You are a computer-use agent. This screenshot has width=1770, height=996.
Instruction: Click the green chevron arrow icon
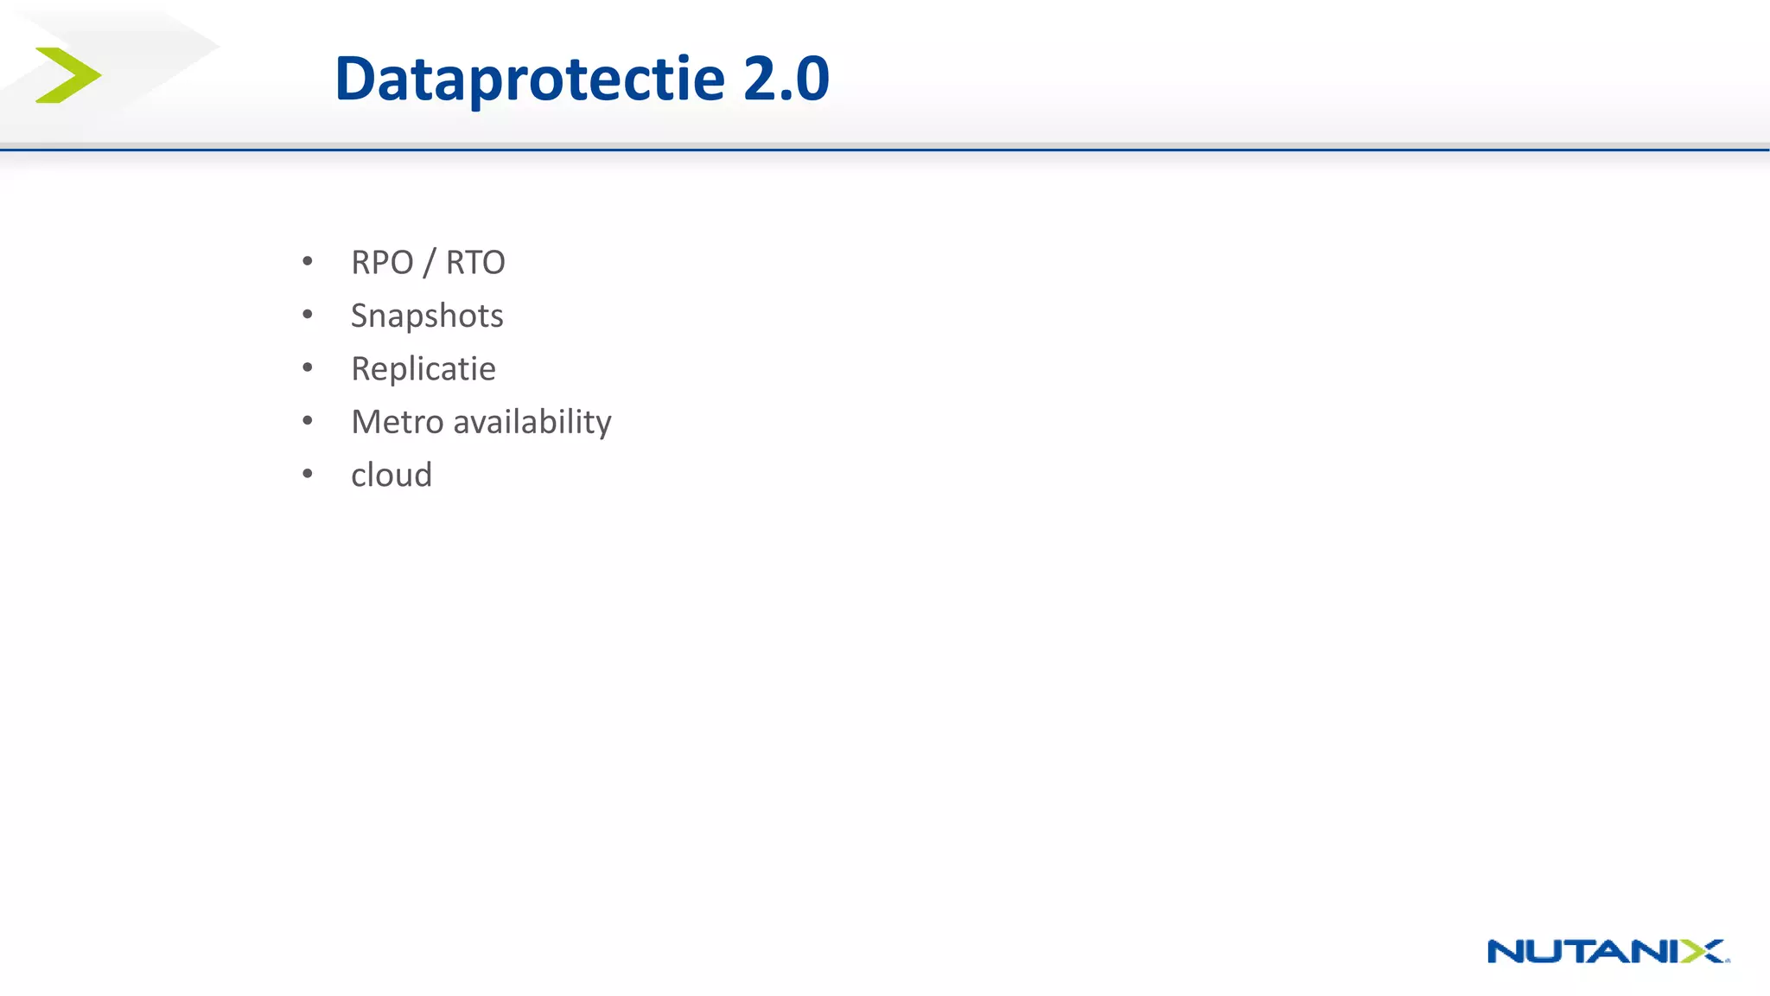[68, 75]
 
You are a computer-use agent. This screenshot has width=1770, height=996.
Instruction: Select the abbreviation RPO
[382, 263]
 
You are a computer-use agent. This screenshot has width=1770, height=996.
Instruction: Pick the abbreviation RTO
[475, 263]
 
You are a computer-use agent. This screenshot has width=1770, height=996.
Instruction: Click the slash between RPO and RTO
[429, 263]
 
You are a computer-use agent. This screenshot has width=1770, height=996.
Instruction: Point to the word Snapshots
[427, 316]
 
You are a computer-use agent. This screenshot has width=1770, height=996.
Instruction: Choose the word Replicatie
[423, 369]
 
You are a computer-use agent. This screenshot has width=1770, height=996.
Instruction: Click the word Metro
[397, 422]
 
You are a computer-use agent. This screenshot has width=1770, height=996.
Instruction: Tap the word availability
[532, 423]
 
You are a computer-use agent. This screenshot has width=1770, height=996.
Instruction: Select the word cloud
[392, 476]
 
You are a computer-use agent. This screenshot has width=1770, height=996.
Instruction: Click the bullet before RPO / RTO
[308, 261]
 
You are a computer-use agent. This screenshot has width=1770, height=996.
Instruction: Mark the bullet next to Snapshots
[308, 315]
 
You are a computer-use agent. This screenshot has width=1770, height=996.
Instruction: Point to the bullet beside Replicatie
[308, 367]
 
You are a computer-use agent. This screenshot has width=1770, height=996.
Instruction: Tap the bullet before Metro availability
[308, 421]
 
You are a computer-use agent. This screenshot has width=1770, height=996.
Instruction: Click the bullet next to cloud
[308, 474]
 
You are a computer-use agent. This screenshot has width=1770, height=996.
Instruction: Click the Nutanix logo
[1608, 951]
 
